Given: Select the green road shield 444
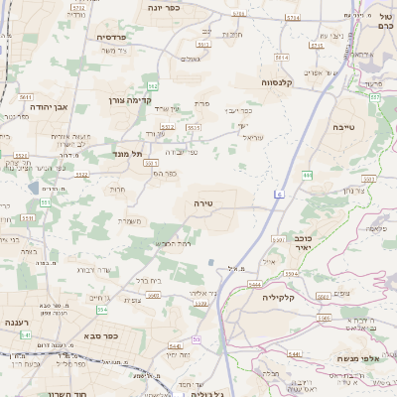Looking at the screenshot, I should tap(308, 175).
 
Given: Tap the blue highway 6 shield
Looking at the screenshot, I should tap(280, 194).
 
